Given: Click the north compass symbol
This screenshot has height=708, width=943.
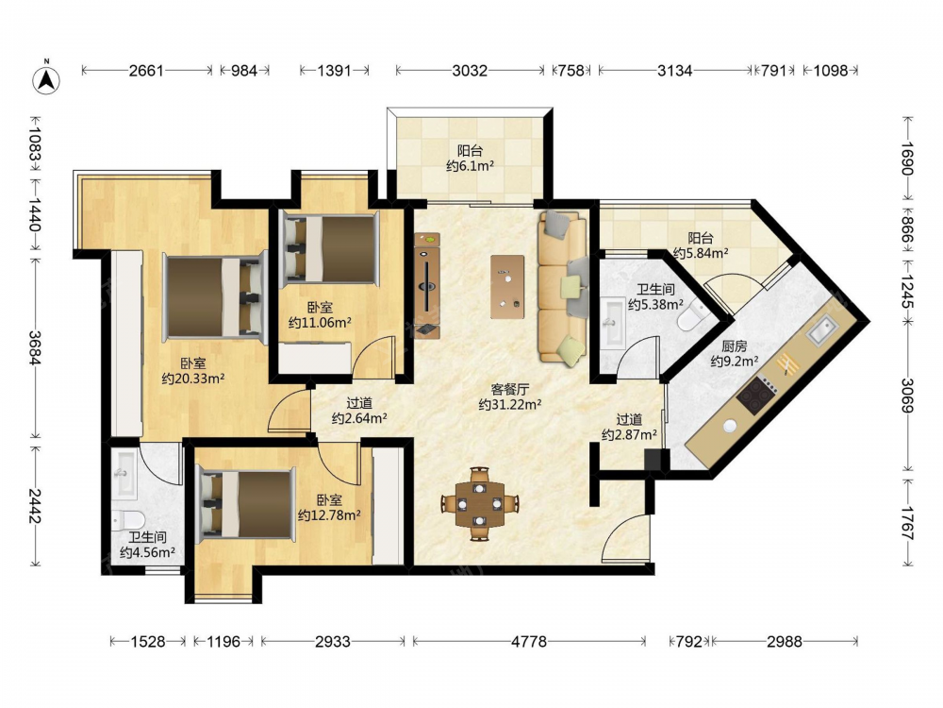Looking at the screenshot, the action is pos(45,77).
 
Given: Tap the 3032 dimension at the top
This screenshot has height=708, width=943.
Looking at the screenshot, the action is pos(469,71).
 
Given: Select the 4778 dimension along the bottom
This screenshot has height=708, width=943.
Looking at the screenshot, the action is pos(529,642).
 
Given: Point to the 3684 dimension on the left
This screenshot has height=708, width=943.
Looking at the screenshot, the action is pos(34,347).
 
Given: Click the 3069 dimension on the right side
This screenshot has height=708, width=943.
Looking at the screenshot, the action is pos(907,396).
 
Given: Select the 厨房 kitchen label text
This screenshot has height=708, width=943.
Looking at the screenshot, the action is pos(734,346).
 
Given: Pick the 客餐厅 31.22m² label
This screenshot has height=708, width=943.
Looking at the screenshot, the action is pos(509,396).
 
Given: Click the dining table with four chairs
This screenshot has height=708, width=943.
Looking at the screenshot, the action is pos(479,503).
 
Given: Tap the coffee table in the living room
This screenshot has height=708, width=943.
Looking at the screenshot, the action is pos(507,287).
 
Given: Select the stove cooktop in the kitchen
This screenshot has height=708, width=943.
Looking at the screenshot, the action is pos(756,394).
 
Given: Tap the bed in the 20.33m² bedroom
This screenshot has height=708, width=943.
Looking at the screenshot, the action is pos(215,296).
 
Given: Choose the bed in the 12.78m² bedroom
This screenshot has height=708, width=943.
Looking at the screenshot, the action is pos(246,504).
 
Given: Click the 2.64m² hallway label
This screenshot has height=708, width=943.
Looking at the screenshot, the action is pos(359,411).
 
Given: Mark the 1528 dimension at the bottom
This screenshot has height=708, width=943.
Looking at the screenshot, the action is pos(147,642).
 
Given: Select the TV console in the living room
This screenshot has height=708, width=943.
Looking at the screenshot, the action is pos(427,285).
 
